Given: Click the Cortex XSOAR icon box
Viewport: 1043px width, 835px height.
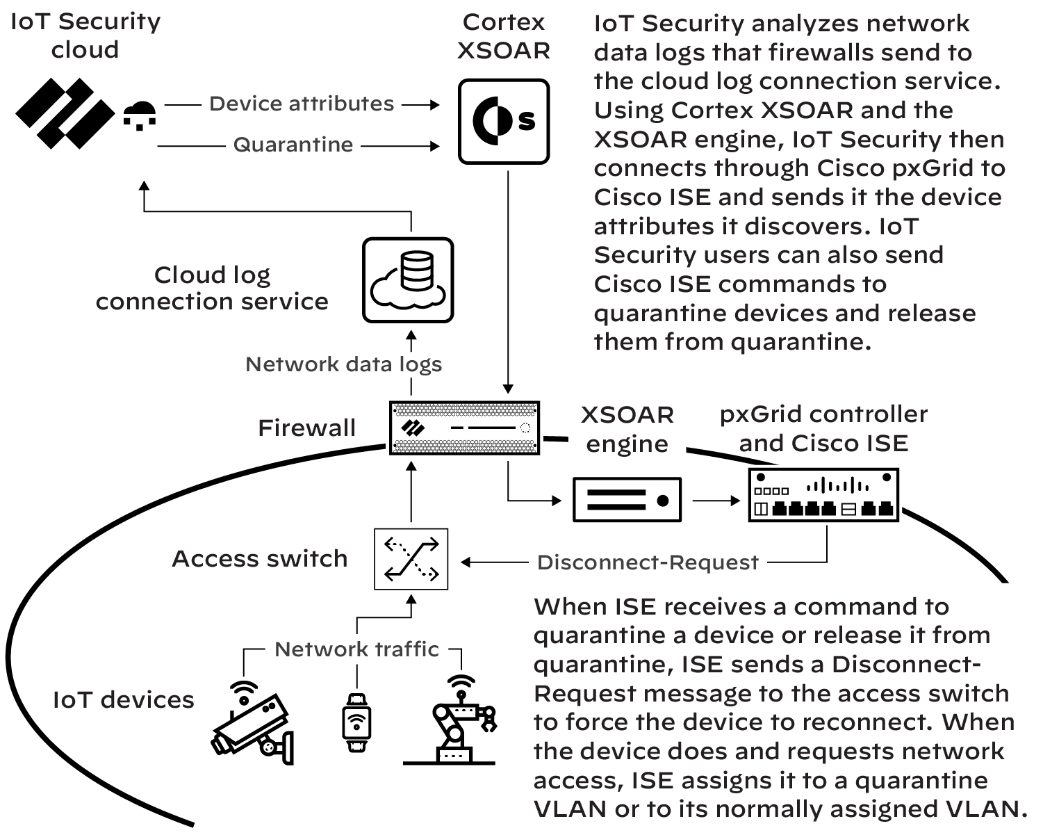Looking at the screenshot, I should [x=504, y=121].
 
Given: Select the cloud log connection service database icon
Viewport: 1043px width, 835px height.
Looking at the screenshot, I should [x=408, y=279].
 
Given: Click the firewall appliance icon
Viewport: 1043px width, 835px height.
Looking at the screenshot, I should [x=464, y=427].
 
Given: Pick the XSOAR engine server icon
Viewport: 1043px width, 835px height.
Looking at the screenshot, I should [x=626, y=499].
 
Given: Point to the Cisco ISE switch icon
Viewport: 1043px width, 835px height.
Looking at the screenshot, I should [x=823, y=495].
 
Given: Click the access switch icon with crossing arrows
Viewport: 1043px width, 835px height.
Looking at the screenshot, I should [x=411, y=559].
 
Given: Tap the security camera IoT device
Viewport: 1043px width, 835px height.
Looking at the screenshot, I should [x=253, y=723].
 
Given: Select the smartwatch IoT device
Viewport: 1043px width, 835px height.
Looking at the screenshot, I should [x=356, y=722].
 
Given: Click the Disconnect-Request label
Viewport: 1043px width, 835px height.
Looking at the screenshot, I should [x=648, y=562].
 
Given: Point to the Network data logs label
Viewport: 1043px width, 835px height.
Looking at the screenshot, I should [x=343, y=364].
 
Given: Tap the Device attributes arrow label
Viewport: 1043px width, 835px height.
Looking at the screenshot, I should [x=302, y=104].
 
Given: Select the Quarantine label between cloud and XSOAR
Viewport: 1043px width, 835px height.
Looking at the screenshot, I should [x=293, y=145].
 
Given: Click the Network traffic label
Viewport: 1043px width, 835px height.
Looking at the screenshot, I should [x=356, y=649].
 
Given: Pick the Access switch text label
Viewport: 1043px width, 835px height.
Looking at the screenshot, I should [x=259, y=558].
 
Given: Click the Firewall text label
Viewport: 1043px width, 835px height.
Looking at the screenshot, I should [x=306, y=428].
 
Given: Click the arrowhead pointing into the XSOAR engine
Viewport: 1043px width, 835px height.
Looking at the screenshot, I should [x=556, y=499].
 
